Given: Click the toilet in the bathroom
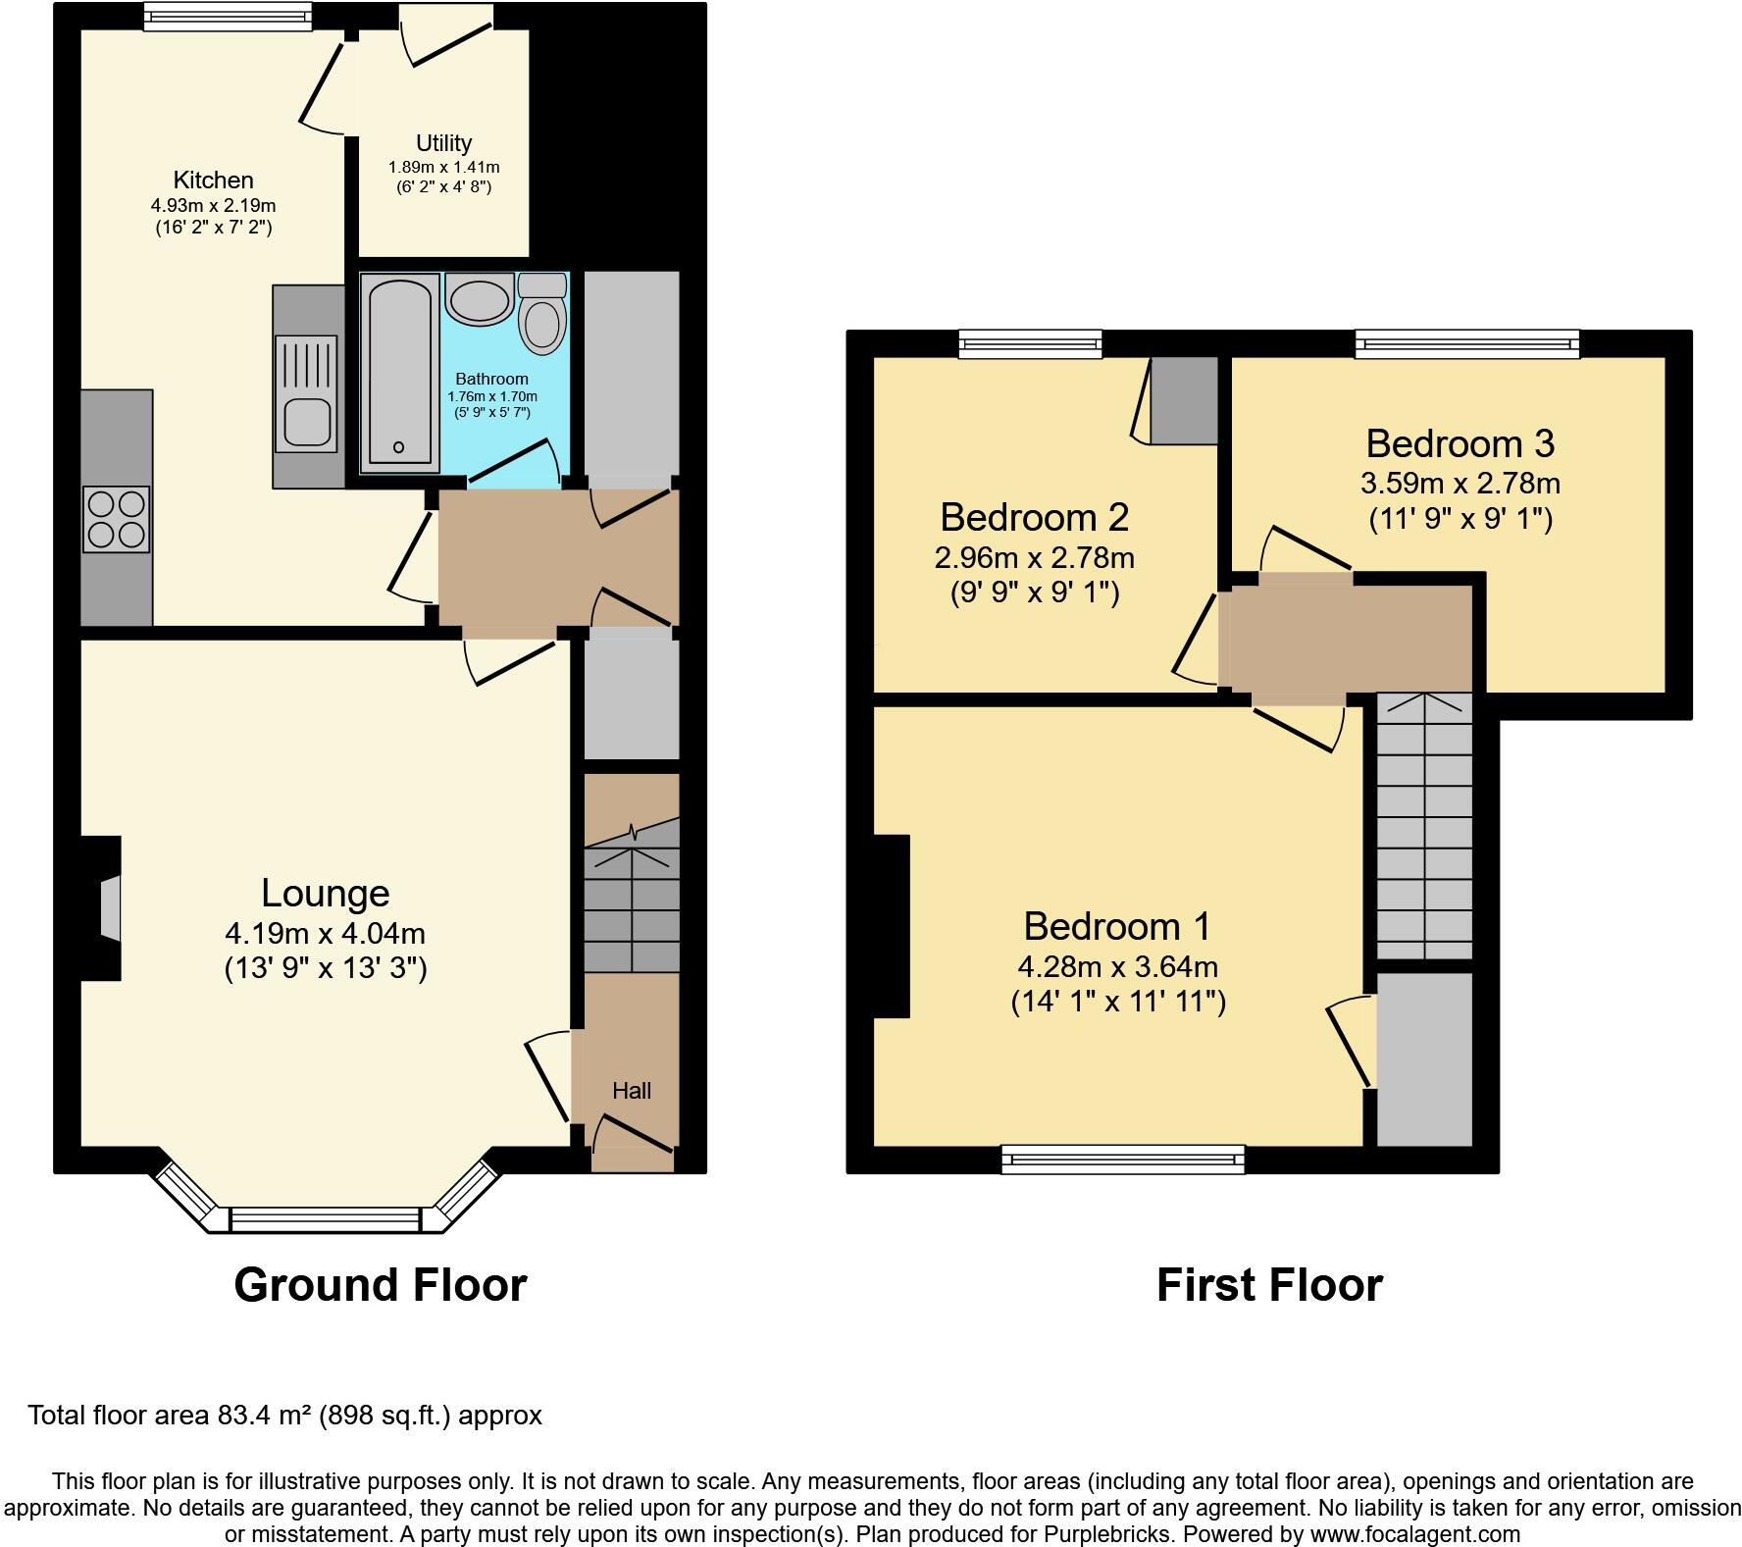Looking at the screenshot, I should point(541,322).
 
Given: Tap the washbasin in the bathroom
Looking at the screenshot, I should point(479,298).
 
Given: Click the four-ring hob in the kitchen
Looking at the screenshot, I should point(117,517).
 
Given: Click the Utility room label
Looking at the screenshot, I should point(443,143).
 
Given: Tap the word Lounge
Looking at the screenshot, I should point(325,893).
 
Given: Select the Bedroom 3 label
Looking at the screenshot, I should point(1460,443).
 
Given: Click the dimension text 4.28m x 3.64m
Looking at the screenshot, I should point(1117,967).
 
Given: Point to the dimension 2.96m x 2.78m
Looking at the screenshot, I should point(1034,558).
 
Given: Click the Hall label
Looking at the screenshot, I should point(631,1091).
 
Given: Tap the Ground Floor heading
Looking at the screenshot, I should point(380,1284).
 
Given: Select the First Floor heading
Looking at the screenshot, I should point(1268,1284).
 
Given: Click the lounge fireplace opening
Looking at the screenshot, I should point(111,907).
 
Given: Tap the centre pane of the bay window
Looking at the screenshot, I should point(325,1219).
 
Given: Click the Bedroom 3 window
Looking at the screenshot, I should point(1467,343).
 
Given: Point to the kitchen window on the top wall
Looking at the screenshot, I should point(228,16).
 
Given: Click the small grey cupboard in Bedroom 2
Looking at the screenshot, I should point(1184,400).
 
